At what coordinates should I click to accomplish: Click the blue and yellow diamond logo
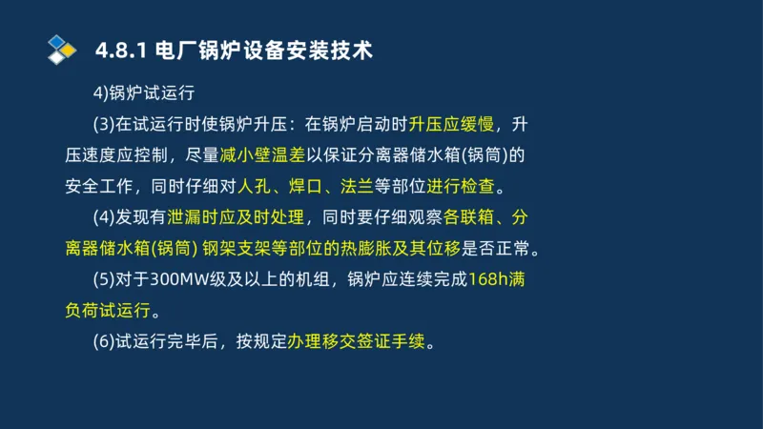click(62, 48)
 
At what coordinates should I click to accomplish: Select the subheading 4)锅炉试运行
click(143, 92)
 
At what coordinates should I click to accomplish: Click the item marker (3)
click(104, 124)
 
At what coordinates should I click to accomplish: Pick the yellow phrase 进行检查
click(469, 186)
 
